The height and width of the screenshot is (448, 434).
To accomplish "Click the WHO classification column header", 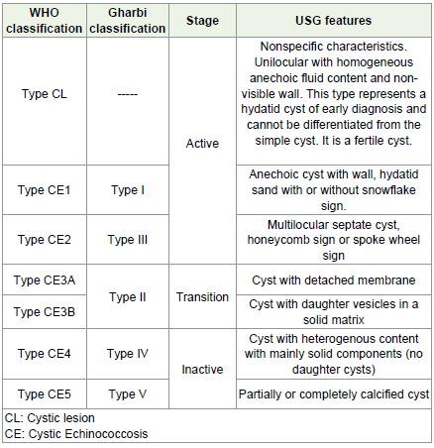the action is [x=45, y=21].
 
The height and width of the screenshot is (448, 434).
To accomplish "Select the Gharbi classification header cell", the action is [x=128, y=21].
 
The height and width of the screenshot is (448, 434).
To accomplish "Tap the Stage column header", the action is [x=202, y=21].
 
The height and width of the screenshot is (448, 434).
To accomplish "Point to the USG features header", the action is [x=334, y=21].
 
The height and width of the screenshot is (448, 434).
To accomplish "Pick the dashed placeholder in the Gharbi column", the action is [x=128, y=95].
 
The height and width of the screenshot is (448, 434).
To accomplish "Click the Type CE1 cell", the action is [x=45, y=190].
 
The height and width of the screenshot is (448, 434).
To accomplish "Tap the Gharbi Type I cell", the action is [x=128, y=190].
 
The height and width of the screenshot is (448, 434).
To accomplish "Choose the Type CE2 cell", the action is [x=45, y=240].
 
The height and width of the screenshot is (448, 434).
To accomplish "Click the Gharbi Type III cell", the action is [x=128, y=240].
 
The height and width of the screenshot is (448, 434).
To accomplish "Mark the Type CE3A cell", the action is [x=45, y=280].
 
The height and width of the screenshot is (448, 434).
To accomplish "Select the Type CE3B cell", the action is [x=45, y=312].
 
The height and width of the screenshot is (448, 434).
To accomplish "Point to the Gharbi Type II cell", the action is [x=128, y=297].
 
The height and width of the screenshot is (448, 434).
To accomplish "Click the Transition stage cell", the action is [x=202, y=297].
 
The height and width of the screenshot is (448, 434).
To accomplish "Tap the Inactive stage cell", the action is [x=202, y=369].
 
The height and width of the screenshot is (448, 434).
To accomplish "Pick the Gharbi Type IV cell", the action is [x=128, y=354].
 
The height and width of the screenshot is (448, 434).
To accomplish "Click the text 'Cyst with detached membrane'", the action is [x=334, y=280].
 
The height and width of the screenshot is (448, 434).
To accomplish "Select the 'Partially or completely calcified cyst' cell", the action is [x=334, y=394].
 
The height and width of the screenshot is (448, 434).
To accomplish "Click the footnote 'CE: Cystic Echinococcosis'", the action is [x=76, y=434].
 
